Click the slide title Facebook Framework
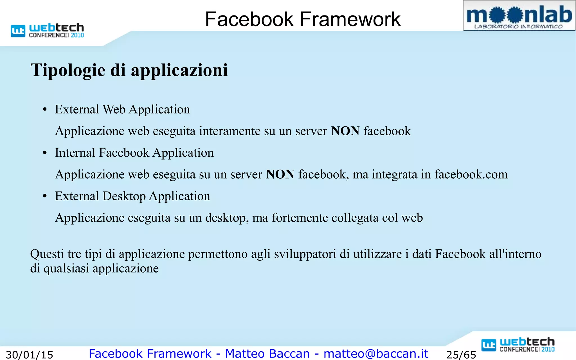click(x=303, y=19)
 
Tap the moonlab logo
click(x=519, y=16)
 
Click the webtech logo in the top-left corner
click(x=47, y=30)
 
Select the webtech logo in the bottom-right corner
click(x=518, y=344)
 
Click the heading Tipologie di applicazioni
click(x=129, y=70)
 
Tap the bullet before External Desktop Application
click(x=45, y=197)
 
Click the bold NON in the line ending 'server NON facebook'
click(x=345, y=131)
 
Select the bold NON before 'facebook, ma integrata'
click(x=280, y=174)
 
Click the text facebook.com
click(x=471, y=174)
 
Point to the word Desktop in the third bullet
click(x=124, y=196)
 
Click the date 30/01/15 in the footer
click(x=30, y=355)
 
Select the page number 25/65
click(x=461, y=355)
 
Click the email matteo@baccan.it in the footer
click(x=376, y=354)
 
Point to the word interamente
click(x=230, y=131)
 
